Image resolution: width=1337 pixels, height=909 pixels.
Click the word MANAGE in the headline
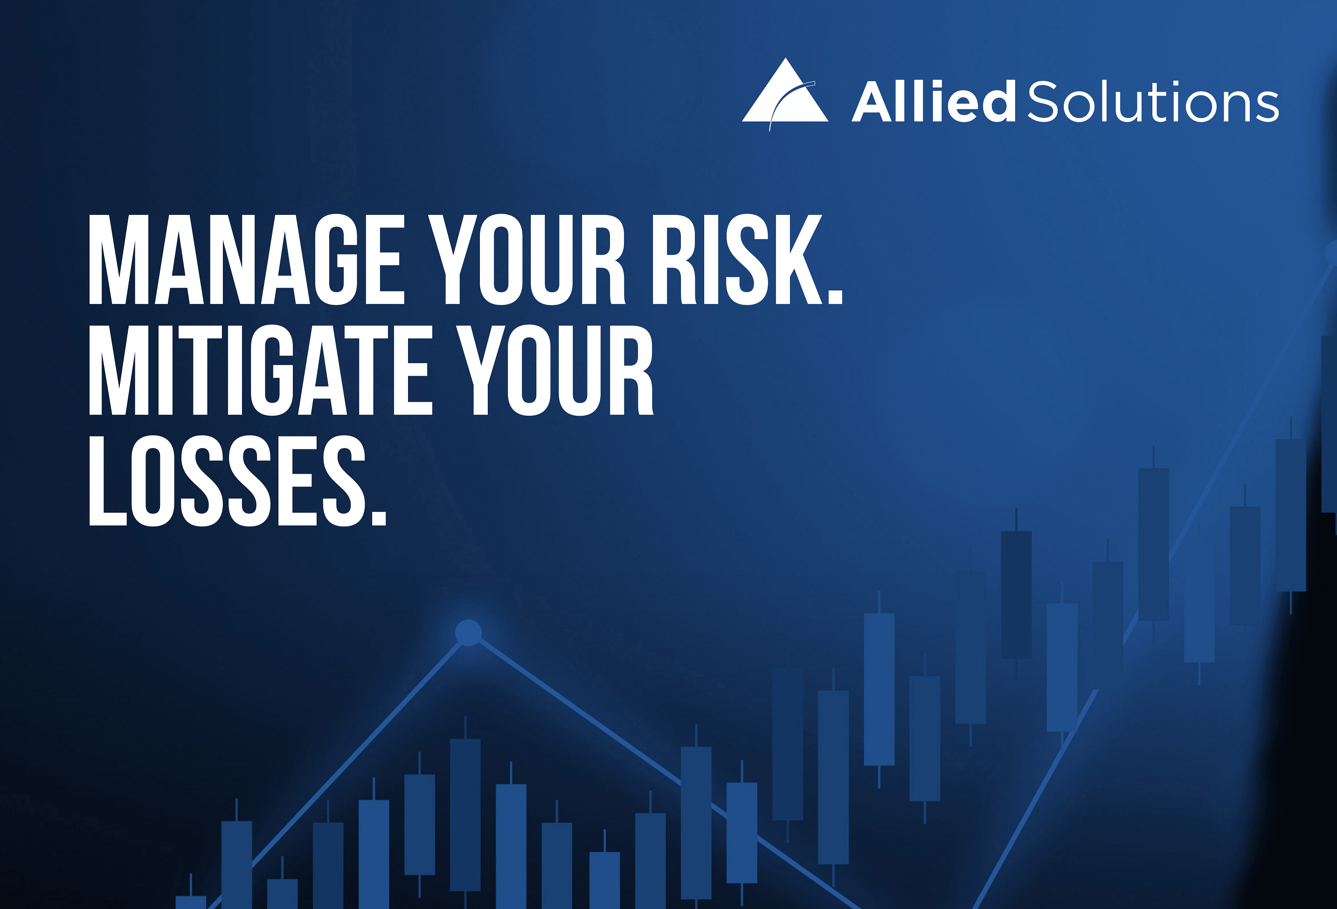pyautogui.click(x=247, y=259)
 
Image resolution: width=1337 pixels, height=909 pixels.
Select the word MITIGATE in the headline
pyautogui.click(x=260, y=370)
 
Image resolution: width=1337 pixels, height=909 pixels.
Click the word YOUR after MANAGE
pyautogui.click(x=528, y=259)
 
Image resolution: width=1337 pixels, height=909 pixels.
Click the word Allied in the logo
pyautogui.click(x=934, y=101)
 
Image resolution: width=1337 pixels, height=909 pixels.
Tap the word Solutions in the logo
pyautogui.click(x=1153, y=102)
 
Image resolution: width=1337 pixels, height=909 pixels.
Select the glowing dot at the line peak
pyautogui.click(x=468, y=633)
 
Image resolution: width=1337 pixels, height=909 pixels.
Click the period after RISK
pyautogui.click(x=835, y=296)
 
